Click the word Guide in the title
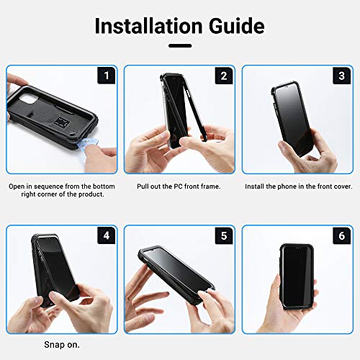coord(232,27)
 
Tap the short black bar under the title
coord(179,47)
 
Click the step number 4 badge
coord(107,235)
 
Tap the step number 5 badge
coord(224,235)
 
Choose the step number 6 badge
coord(341,235)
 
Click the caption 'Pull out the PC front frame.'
coord(178,186)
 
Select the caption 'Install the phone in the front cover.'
coord(297,186)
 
